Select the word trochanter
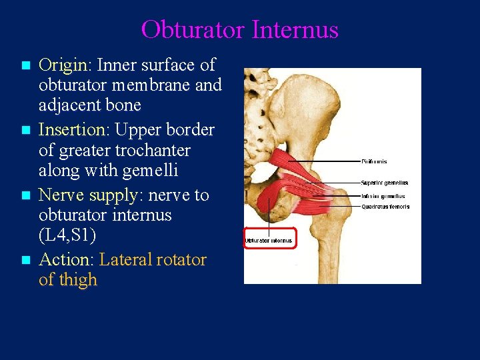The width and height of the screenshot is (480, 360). [153, 151]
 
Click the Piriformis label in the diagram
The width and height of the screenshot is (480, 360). [373, 161]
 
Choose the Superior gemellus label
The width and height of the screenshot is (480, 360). [384, 183]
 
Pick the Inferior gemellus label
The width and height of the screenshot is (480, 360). [383, 196]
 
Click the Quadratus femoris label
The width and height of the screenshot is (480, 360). [385, 207]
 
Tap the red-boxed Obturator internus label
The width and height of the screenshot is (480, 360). [269, 241]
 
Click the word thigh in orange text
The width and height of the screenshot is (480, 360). [79, 280]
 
